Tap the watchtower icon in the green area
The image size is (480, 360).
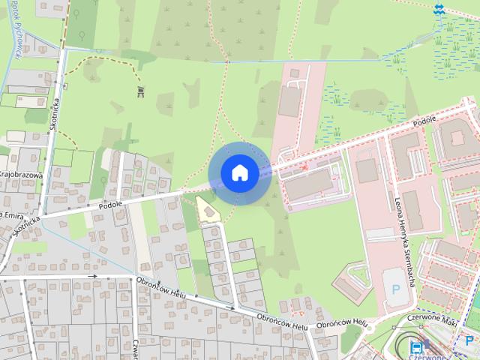[140, 91]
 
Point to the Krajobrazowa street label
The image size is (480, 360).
[18, 175]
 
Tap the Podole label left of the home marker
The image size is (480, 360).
[110, 204]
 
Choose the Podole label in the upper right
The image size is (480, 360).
[425, 121]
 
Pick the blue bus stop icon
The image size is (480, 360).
[416, 346]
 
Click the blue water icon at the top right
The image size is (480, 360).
[438, 9]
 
